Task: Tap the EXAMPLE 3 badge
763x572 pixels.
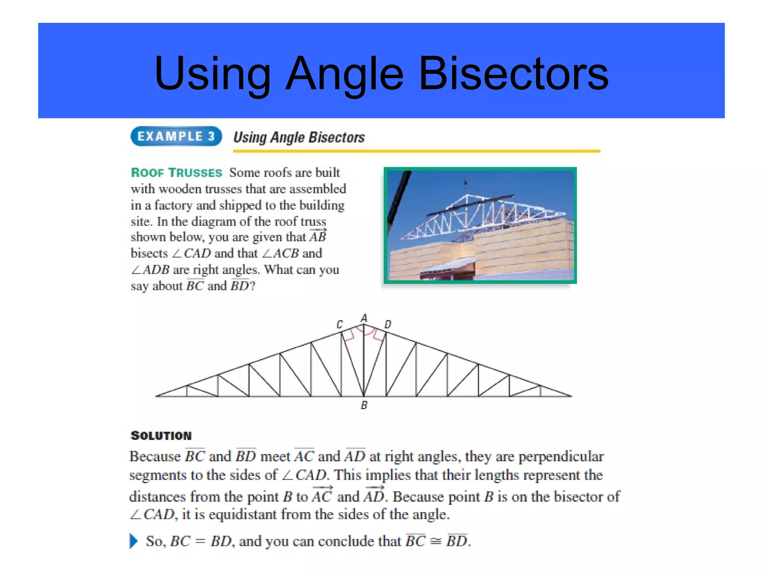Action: click(176, 136)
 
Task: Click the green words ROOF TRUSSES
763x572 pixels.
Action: click(176, 173)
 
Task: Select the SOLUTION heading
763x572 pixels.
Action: click(161, 436)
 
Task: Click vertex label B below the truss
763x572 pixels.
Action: click(364, 405)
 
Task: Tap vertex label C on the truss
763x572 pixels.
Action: click(340, 325)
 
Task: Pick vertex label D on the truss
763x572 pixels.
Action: click(388, 325)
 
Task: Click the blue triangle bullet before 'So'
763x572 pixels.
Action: click(133, 541)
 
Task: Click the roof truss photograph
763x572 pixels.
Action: click(480, 225)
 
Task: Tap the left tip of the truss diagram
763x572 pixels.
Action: click(157, 395)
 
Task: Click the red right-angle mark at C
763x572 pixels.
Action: click(348, 336)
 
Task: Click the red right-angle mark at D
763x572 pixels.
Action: click(378, 336)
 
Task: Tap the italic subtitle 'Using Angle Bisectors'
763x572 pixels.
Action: click(299, 137)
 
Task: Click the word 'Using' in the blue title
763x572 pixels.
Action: click(212, 73)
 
